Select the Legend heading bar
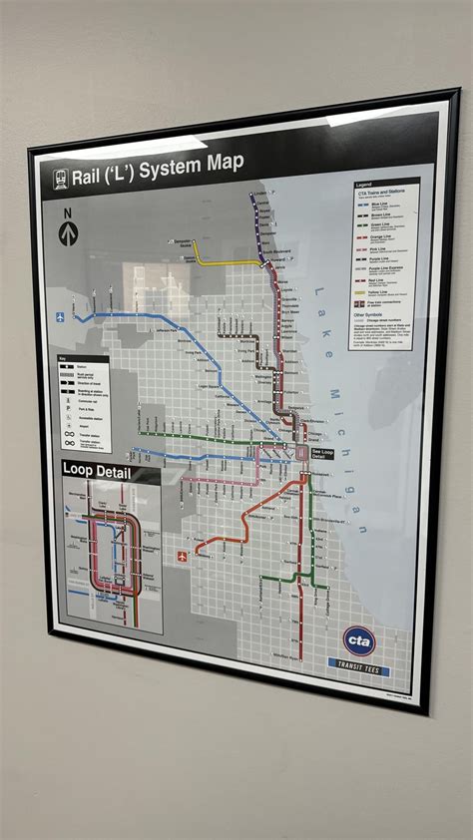coord(384,187)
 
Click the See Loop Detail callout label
coord(322,453)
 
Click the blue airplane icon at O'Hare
coord(61,318)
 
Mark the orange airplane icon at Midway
coord(183,556)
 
